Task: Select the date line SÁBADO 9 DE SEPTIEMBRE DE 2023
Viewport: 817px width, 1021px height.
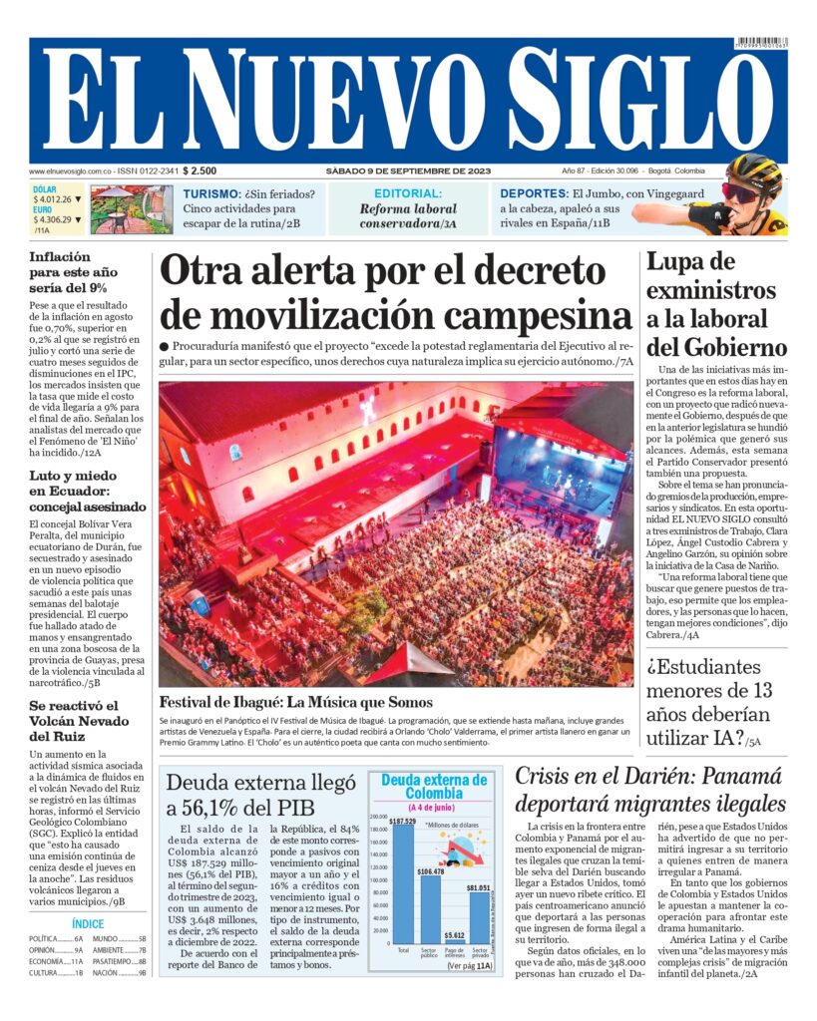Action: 407,170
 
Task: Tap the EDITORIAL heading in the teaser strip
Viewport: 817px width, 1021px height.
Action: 408,193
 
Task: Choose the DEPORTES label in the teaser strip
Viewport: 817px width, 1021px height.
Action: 533,193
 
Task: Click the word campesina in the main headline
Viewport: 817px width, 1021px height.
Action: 538,315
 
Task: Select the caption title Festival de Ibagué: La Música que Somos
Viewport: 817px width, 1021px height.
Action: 295,701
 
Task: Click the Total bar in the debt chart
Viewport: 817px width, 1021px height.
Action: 403,882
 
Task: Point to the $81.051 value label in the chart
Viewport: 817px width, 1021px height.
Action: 479,887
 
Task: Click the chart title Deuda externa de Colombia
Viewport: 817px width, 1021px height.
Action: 434,787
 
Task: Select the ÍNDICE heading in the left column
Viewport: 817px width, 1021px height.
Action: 88,924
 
